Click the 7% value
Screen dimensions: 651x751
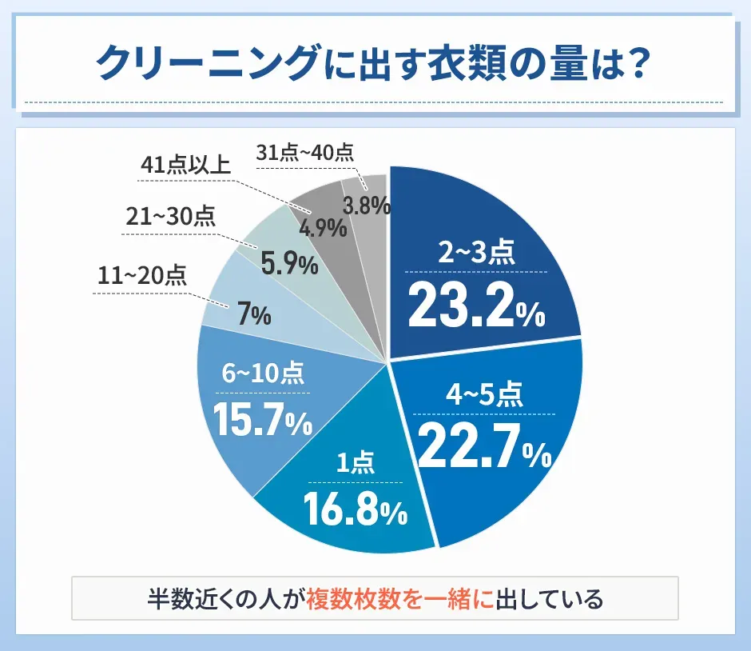pos(254,316)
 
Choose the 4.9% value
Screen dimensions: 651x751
pos(324,227)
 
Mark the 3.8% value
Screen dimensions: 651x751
pos(366,206)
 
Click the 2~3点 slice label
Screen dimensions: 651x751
pos(476,254)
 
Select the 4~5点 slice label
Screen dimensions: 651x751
pos(485,395)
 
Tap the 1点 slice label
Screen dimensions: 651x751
pos(353,463)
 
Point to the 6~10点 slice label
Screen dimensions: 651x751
pos(263,373)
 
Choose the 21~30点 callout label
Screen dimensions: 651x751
pos(170,216)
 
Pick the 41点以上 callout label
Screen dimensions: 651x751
pos(185,165)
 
